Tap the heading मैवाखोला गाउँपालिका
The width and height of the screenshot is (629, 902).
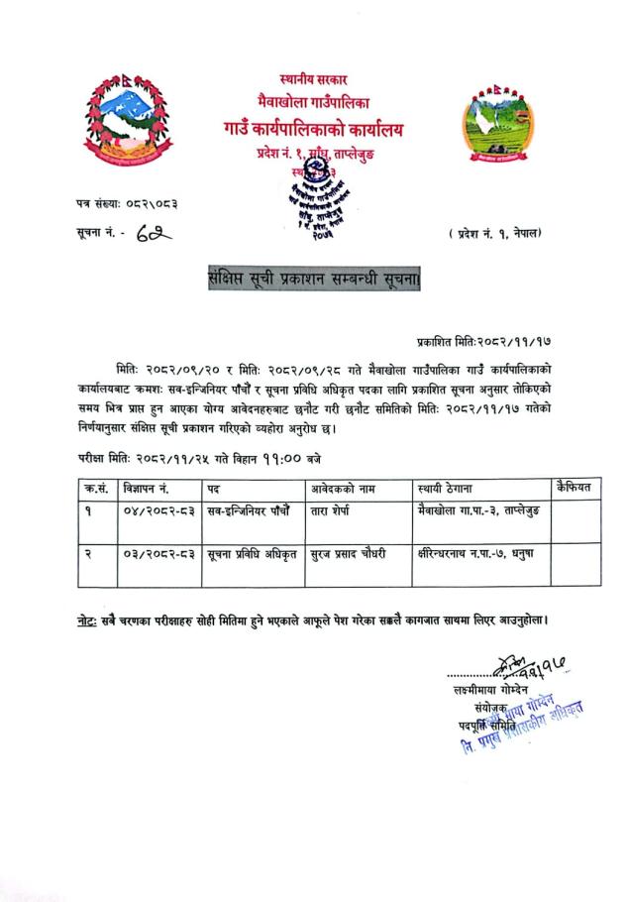(313, 103)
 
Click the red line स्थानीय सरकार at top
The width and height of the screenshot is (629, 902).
(313, 79)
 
